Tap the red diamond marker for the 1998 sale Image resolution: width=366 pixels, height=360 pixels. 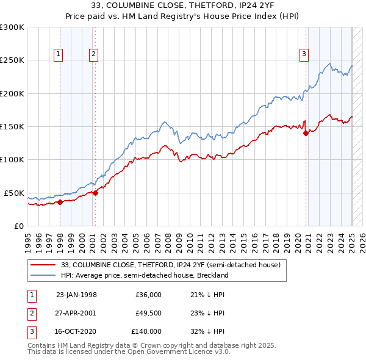click(x=60, y=202)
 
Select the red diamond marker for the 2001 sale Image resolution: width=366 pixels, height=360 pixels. click(x=95, y=193)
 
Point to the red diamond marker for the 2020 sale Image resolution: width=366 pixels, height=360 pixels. click(x=306, y=134)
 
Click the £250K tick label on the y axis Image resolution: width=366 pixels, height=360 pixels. click(x=12, y=60)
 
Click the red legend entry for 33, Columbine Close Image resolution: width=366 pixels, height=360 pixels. click(x=170, y=265)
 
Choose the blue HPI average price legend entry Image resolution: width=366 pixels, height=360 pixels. click(x=145, y=275)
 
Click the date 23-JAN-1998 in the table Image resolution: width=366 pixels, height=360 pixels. click(x=76, y=295)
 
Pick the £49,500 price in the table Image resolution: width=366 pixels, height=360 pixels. click(x=148, y=313)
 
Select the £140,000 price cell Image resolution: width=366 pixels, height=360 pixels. click(x=146, y=331)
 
